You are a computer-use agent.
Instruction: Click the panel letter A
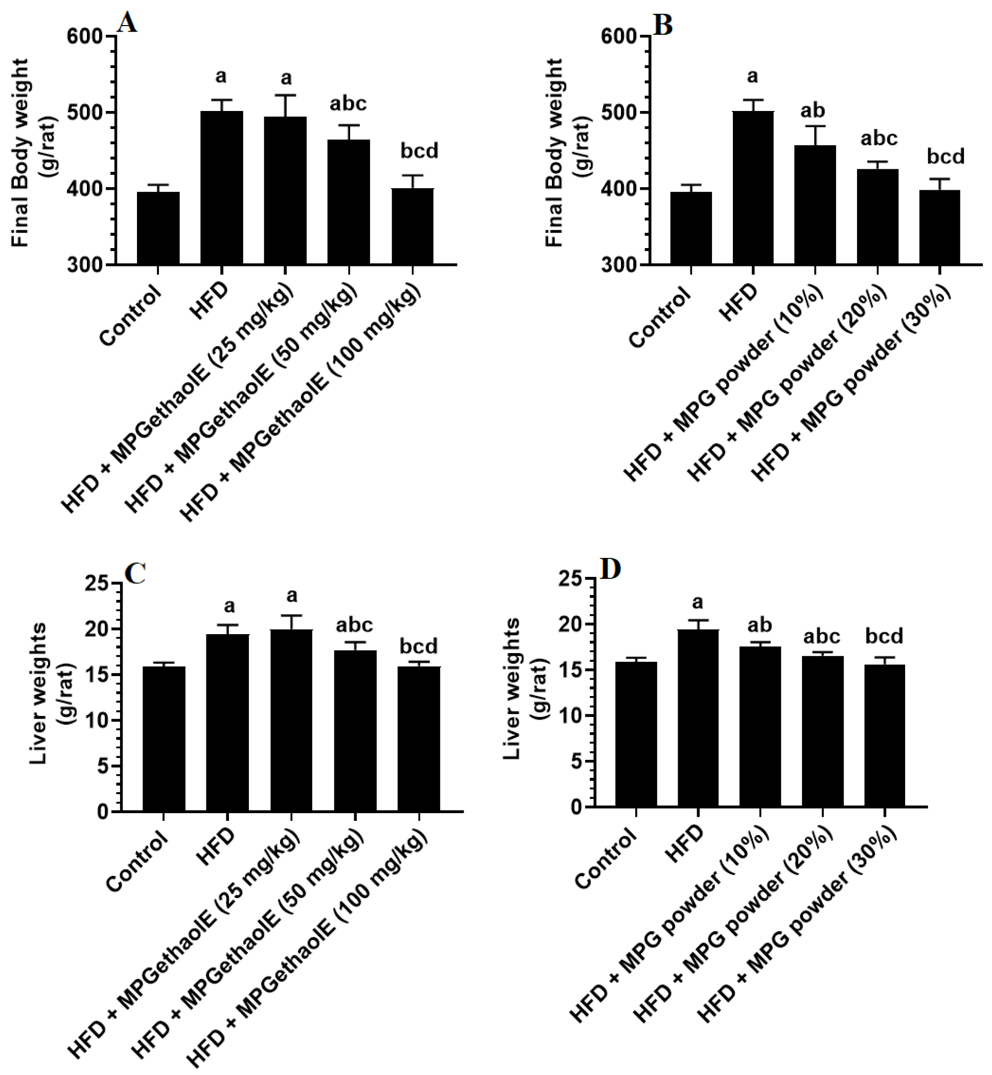pyautogui.click(x=127, y=23)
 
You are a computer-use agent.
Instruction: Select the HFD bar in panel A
pyautogui.click(x=222, y=188)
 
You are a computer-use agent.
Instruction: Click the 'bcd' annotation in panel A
pyautogui.click(x=419, y=151)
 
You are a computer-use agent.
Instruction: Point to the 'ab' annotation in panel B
pyautogui.click(x=813, y=110)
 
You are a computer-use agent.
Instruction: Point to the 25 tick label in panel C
pyautogui.click(x=97, y=584)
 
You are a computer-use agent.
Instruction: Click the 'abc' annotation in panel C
pyautogui.click(x=354, y=625)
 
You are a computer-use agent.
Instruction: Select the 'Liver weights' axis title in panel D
pyautogui.click(x=513, y=689)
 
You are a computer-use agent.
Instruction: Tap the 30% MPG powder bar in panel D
pyautogui.click(x=885, y=735)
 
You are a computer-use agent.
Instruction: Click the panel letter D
pyautogui.click(x=610, y=570)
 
